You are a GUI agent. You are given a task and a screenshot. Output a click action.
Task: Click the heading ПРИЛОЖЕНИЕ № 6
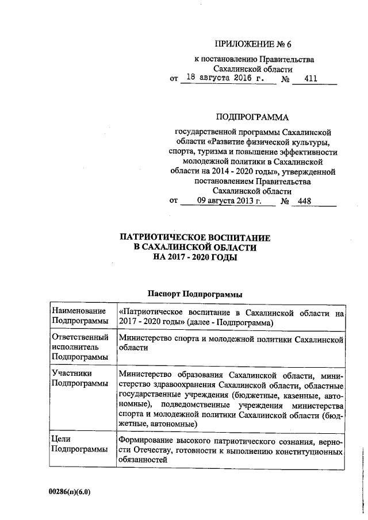tap(250, 44)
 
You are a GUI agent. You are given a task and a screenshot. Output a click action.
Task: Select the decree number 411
tap(311, 79)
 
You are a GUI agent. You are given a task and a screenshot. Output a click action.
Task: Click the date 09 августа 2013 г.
tap(228, 201)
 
